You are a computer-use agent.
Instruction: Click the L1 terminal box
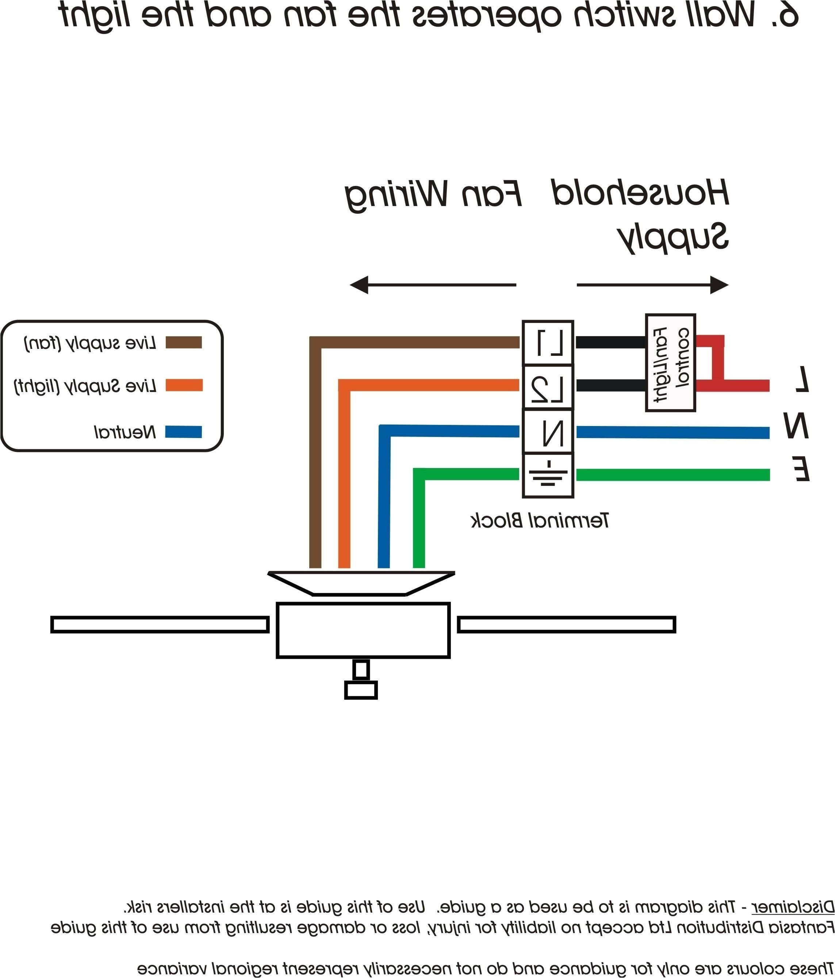548,343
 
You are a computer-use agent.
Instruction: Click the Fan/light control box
670,362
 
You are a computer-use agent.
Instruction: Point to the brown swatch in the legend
184,342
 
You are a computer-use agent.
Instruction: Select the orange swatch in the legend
184,385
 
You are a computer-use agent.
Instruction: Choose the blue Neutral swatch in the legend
184,432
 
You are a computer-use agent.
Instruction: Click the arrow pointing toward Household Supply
652,285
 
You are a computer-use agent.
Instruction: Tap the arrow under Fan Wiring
433,285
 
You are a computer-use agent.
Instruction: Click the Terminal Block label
540,521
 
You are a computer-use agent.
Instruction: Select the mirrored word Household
640,194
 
